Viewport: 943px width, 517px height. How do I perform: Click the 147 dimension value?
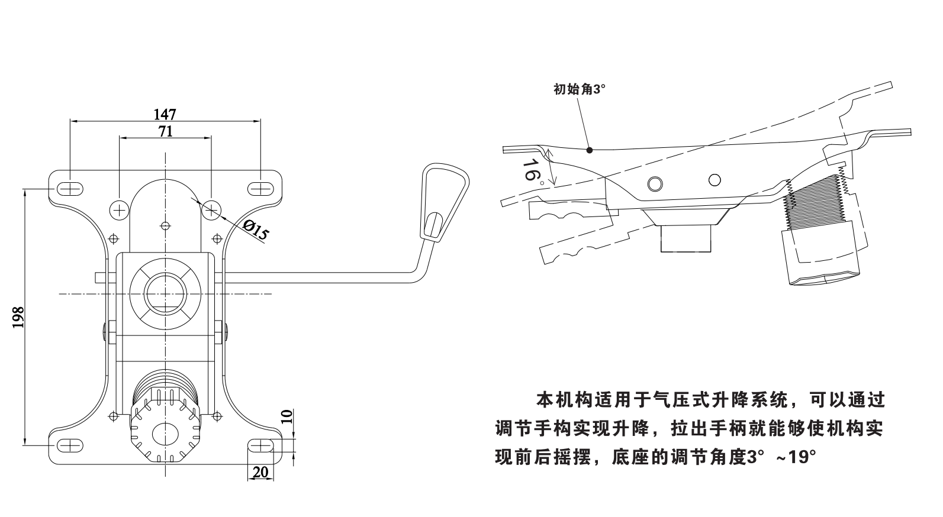[x=165, y=114]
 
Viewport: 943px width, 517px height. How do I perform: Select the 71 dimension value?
[x=166, y=131]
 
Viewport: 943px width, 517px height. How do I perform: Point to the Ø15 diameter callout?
[x=256, y=230]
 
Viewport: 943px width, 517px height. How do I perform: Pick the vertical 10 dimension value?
[x=285, y=417]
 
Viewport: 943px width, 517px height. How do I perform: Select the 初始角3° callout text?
[x=580, y=89]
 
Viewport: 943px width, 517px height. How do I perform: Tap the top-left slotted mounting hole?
[x=70, y=189]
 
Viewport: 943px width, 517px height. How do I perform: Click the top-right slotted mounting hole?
[x=260, y=189]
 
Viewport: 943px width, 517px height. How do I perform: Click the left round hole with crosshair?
[x=120, y=209]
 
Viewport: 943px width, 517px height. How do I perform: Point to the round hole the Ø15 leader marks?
[x=211, y=209]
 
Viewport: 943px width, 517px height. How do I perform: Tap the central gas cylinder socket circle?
[x=165, y=293]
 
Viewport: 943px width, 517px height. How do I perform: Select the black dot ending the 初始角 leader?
[x=590, y=150]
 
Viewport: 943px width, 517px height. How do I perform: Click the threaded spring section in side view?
[x=815, y=201]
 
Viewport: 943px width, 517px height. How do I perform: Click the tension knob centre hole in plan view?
[x=165, y=434]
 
